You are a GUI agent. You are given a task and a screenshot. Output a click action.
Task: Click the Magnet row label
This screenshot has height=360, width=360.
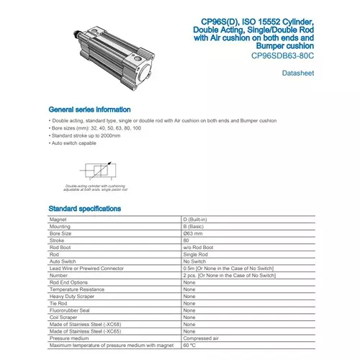tap(58, 219)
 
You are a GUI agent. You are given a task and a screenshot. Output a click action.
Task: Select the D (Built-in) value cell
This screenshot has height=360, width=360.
tap(198, 219)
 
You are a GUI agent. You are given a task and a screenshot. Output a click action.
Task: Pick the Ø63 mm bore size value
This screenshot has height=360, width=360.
tap(194, 233)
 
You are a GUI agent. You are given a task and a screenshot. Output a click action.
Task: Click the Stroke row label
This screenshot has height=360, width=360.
tap(58, 240)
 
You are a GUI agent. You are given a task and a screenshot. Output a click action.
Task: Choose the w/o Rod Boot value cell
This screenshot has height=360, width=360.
tap(199, 248)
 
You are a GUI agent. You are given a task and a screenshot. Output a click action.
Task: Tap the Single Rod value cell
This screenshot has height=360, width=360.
tap(197, 255)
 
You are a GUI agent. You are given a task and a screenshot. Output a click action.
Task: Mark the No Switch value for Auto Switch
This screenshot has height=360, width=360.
tap(196, 261)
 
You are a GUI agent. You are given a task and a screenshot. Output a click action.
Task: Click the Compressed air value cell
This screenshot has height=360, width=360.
tap(202, 338)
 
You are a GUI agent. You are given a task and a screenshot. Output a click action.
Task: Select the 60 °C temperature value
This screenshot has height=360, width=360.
tap(190, 346)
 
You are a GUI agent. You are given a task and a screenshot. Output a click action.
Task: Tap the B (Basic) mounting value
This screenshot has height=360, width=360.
tap(194, 226)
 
